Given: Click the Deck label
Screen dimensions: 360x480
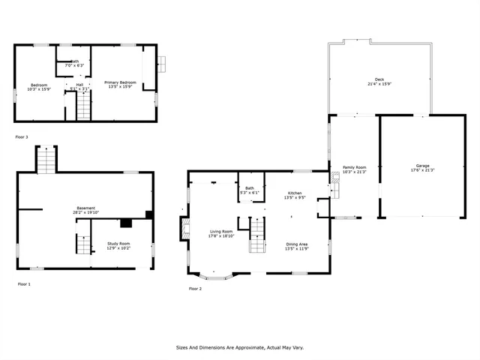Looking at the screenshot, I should (379, 82).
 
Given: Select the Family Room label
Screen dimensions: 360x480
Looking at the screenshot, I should (354, 169).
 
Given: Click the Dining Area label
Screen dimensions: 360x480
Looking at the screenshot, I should (297, 246).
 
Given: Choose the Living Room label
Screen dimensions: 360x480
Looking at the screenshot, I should (221, 233).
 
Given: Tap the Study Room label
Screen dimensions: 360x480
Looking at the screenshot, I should (118, 245).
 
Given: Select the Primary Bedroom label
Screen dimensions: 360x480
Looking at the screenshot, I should (120, 85).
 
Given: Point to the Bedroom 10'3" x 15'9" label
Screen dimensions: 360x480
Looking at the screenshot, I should (38, 87).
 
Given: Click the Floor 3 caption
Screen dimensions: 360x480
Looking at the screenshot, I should (22, 137).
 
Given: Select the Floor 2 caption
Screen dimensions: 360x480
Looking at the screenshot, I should (195, 289).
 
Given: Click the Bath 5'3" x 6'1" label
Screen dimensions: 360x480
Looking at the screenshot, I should (250, 190).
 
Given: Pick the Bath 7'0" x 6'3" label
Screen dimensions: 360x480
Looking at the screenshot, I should (75, 64).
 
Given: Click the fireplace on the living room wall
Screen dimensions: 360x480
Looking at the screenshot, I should (182, 229).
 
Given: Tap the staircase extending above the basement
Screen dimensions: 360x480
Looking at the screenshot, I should (46, 160).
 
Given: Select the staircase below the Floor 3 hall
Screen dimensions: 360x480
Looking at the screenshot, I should (83, 108).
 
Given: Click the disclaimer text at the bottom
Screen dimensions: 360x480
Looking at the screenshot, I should (239, 348).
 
